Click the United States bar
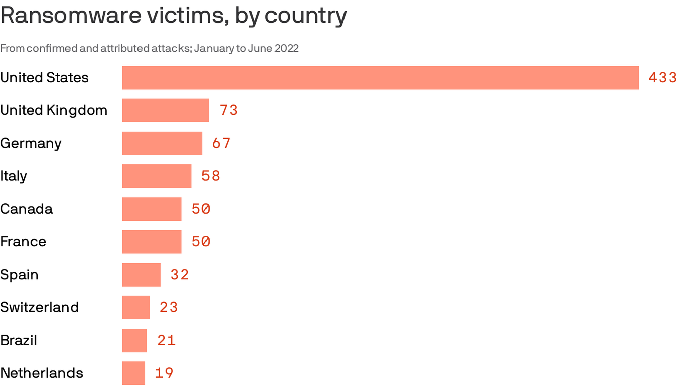pyautogui.click(x=380, y=78)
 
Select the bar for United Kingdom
pyautogui.click(x=165, y=110)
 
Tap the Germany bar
pyautogui.click(x=162, y=143)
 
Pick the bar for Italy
pyautogui.click(x=157, y=176)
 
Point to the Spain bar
pyautogui.click(x=141, y=275)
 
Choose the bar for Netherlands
pyautogui.click(x=133, y=373)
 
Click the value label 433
pyautogui.click(x=662, y=78)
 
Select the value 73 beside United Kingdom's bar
pyautogui.click(x=228, y=110)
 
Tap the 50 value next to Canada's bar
pyautogui.click(x=201, y=209)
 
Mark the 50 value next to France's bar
pyautogui.click(x=201, y=242)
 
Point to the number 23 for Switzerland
pyautogui.click(x=169, y=307)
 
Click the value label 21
pyautogui.click(x=166, y=341)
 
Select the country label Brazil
pyautogui.click(x=19, y=341)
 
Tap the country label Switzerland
pyautogui.click(x=39, y=307)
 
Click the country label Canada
pyautogui.click(x=26, y=209)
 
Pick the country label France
pyautogui.click(x=23, y=242)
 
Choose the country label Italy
pyautogui.click(x=14, y=176)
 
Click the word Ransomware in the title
pyautogui.click(x=71, y=16)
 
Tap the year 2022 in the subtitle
pyautogui.click(x=286, y=48)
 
